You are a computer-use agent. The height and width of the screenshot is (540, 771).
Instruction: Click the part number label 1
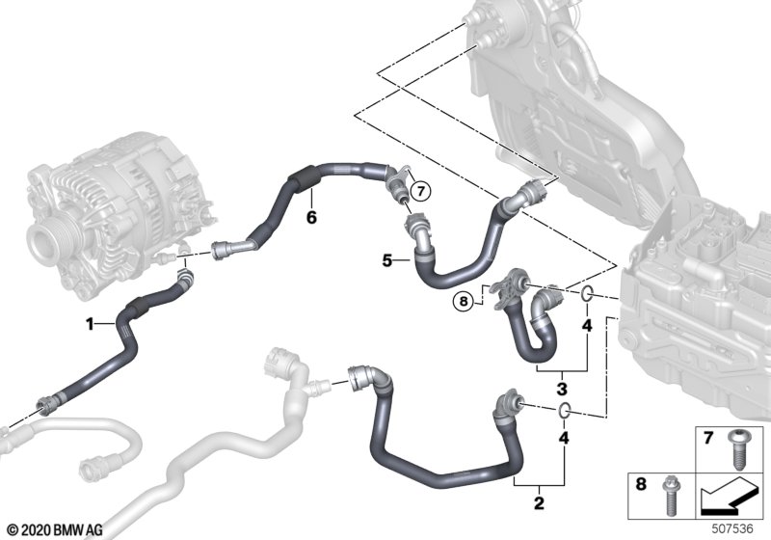[x=90, y=324]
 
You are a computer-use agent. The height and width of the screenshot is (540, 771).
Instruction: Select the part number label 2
[x=539, y=503]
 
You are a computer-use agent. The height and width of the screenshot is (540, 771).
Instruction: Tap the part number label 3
[x=562, y=389]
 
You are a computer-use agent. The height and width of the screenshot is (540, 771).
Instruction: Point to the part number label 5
[x=387, y=260]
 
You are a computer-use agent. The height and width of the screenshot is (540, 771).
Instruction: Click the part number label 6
[x=311, y=217]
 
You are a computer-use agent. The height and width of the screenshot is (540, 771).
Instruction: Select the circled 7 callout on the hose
[x=420, y=191]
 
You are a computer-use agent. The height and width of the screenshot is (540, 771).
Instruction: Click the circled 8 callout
[x=464, y=301]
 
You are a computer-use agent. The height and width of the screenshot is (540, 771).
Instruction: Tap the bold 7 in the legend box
[x=708, y=437]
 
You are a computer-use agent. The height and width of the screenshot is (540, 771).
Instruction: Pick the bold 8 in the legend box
[x=641, y=484]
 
